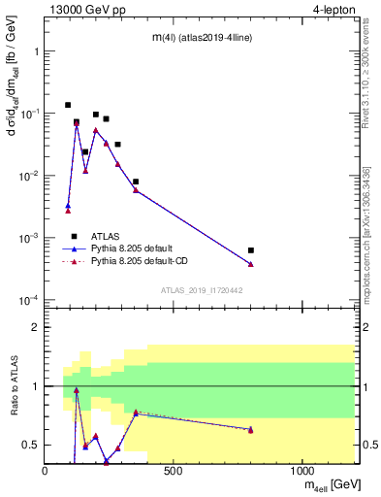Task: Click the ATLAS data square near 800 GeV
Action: tap(251, 250)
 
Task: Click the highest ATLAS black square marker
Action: tap(68, 105)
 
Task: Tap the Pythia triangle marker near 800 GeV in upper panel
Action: tap(251, 264)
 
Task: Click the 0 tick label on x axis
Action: tap(45, 471)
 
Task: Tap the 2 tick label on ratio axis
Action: tap(35, 328)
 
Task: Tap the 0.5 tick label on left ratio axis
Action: tap(31, 445)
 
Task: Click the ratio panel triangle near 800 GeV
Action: tap(251, 429)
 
